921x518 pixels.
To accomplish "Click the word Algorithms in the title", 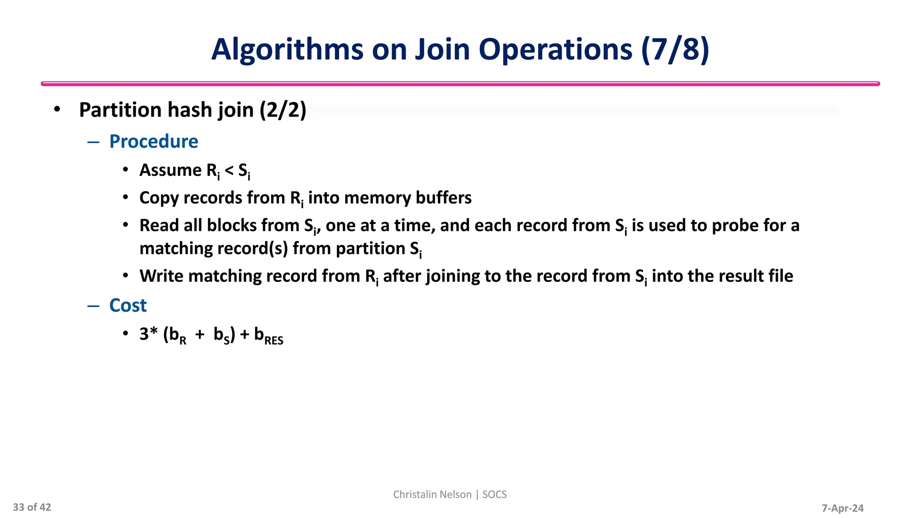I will point(287,49).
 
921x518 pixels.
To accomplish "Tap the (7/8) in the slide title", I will point(675,49).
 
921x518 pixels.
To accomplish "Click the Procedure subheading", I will point(153,142).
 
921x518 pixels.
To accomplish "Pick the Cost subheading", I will point(128,306).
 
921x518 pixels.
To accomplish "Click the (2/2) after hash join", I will point(283,110).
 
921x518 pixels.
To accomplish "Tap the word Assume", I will point(170,170).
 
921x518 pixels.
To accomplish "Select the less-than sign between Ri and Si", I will point(229,171).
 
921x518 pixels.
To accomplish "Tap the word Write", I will point(161,276).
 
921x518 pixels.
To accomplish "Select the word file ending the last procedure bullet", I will point(780,276).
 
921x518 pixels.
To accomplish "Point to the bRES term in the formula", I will point(268,336).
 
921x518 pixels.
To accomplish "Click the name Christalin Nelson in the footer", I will point(432,495).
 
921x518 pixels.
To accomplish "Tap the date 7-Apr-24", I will point(842,508).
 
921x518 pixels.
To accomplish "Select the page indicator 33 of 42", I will point(32,507).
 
